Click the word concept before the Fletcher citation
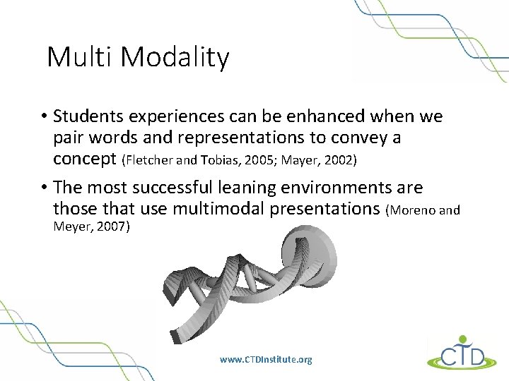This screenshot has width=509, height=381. click(86, 160)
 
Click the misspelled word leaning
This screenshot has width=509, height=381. click(278, 188)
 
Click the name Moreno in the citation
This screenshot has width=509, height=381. click(415, 210)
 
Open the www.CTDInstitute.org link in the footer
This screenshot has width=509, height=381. click(266, 359)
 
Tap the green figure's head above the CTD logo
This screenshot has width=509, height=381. click(462, 339)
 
